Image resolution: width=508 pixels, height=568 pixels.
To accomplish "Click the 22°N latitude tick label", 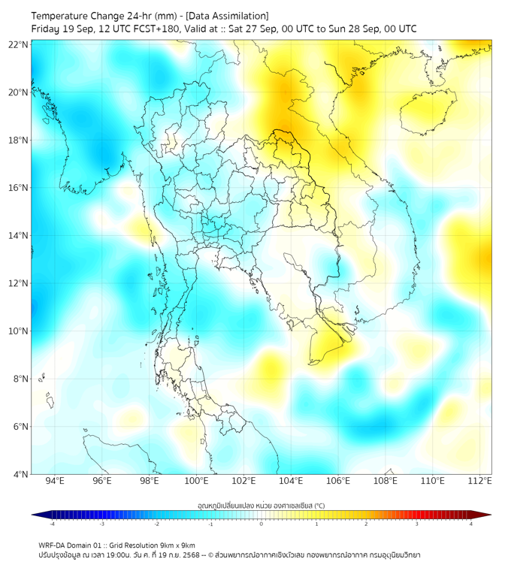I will [19, 45].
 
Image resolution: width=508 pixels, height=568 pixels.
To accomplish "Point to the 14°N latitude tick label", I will [19, 236].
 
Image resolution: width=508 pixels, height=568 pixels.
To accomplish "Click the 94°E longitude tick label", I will [55, 482].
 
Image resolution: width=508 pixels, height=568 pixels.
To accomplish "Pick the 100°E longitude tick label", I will [196, 482].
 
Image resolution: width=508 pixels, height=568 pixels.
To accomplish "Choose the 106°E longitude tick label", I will [338, 482].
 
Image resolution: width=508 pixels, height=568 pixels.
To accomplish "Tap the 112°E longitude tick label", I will [479, 482].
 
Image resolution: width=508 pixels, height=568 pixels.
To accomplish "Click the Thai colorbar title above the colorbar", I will [262, 506].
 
